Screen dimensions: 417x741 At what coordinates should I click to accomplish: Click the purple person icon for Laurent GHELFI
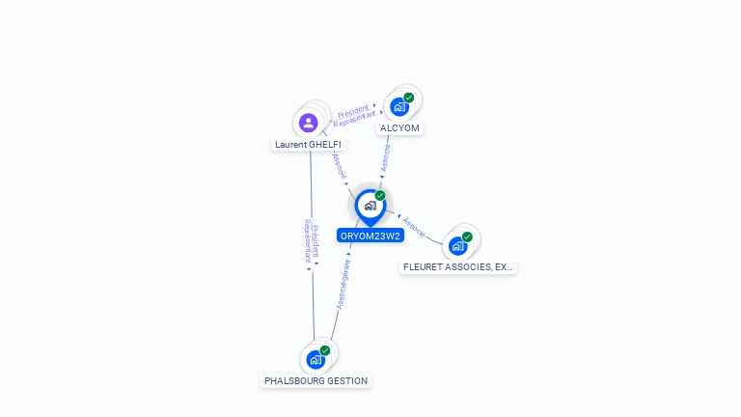308,123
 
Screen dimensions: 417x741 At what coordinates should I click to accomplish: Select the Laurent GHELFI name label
308,145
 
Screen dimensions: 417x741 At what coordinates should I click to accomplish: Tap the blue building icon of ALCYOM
398,107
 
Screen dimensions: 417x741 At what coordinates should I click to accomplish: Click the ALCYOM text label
400,127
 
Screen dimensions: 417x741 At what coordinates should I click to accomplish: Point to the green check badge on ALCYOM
409,97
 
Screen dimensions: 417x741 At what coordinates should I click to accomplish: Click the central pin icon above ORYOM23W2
369,206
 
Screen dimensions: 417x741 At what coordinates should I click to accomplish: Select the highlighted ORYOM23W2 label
370,236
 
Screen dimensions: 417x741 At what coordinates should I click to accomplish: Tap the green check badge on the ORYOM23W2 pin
380,196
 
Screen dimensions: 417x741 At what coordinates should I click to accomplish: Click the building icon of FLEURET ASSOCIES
457,246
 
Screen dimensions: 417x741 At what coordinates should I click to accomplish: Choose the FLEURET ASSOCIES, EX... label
458,266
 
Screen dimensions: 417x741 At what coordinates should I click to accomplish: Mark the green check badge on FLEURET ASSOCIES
467,236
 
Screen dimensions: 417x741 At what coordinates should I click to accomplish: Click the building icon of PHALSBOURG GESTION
315,360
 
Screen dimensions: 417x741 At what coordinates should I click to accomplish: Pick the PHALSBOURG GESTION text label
316,381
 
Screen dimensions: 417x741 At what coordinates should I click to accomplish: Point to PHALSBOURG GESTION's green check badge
325,350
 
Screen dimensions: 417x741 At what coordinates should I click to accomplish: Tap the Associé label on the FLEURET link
414,227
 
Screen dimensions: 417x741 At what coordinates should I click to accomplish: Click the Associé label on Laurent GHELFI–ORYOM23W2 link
339,165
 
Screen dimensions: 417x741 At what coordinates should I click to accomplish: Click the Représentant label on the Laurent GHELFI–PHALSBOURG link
308,241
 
